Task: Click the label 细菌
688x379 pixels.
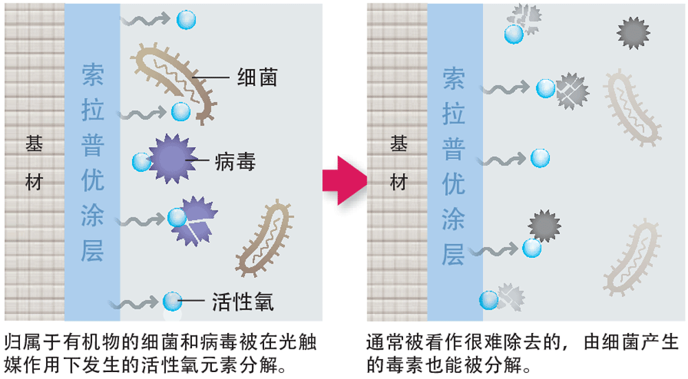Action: [x=257, y=78]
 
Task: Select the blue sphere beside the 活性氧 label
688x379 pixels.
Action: [x=172, y=301]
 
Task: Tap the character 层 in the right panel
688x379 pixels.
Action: [x=453, y=255]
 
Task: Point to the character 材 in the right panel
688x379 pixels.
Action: [x=398, y=182]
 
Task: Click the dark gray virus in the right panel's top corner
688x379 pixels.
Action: [x=631, y=31]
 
